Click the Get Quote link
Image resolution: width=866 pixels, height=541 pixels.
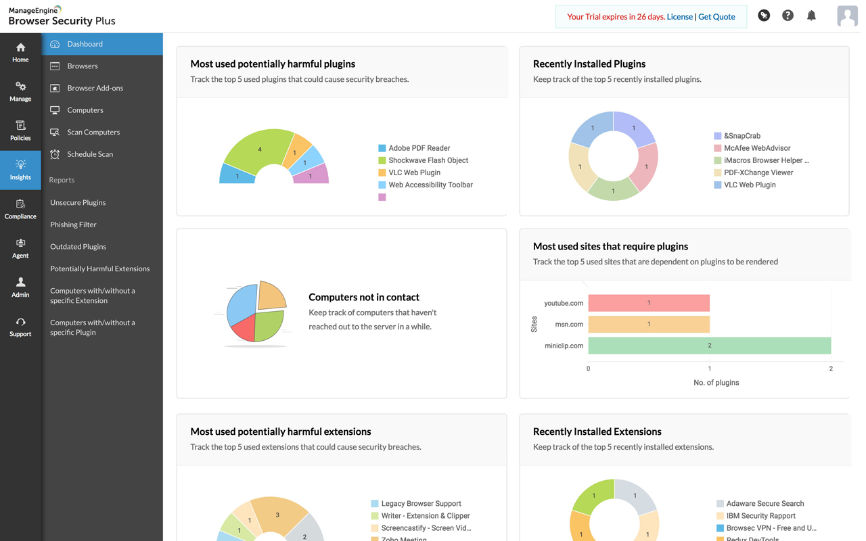[716, 17]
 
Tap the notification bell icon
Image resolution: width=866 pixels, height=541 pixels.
[811, 16]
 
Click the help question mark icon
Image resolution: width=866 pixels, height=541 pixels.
[788, 16]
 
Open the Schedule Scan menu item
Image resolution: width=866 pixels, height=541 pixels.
[89, 154]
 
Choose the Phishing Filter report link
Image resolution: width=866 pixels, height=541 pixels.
[73, 225]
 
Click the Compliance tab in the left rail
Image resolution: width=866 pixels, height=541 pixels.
[20, 209]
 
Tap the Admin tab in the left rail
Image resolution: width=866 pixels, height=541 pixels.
[20, 287]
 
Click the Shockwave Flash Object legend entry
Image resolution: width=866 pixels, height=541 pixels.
[428, 160]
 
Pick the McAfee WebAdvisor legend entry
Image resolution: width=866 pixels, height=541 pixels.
[756, 148]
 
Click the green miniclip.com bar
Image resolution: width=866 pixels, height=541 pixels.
[709, 346]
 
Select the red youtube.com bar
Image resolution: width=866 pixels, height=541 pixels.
[648, 303]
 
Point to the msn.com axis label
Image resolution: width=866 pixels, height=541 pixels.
[569, 325]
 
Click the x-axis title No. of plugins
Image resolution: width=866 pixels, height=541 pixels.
[716, 383]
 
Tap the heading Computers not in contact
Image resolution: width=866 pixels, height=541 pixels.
[364, 297]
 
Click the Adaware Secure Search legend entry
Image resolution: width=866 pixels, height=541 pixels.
[764, 504]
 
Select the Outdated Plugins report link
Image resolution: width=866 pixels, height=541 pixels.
[78, 247]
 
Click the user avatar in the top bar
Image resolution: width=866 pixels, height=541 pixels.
[846, 16]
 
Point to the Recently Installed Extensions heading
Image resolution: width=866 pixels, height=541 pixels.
[597, 431]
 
